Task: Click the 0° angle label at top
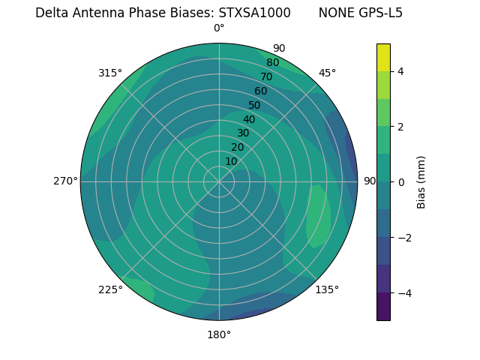click(x=219, y=28)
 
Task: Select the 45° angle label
click(x=327, y=73)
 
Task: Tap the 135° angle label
click(x=327, y=289)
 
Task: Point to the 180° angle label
click(x=219, y=334)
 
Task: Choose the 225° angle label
click(x=110, y=289)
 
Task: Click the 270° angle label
click(x=65, y=181)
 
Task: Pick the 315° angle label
click(x=110, y=73)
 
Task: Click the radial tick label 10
click(x=232, y=161)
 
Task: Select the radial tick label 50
click(x=255, y=106)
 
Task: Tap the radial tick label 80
click(x=272, y=63)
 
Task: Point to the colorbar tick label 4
click(x=400, y=72)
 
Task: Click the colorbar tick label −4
click(x=403, y=293)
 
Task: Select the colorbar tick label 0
click(x=400, y=182)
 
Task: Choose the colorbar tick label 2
click(x=400, y=127)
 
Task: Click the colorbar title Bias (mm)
click(x=421, y=182)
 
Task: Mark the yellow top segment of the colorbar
click(x=383, y=57)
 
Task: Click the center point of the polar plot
click(x=219, y=181)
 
